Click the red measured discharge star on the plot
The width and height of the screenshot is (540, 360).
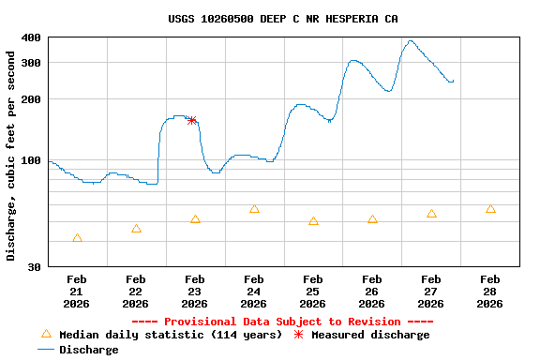point(192,120)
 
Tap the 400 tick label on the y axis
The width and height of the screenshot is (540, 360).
point(31,37)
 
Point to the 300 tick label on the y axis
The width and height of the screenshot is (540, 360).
point(31,63)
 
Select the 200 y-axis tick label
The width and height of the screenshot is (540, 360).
point(31,99)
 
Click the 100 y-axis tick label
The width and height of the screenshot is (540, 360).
point(31,160)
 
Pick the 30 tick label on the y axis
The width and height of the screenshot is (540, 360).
point(34,267)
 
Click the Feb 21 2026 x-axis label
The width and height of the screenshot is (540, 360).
point(77,291)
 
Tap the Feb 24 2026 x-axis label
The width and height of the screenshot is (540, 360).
point(254,291)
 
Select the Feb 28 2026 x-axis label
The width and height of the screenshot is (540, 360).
point(490,291)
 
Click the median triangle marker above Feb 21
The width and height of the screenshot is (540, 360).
point(77,239)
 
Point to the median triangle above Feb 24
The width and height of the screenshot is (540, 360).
point(254,209)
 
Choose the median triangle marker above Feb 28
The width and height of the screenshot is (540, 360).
point(490,209)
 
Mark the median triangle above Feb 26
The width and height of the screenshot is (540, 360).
point(372,219)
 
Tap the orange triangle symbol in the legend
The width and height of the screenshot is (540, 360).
point(46,334)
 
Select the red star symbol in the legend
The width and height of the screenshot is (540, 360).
point(298,335)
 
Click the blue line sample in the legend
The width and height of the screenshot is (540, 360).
point(46,350)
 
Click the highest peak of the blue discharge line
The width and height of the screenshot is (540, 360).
point(411,41)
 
